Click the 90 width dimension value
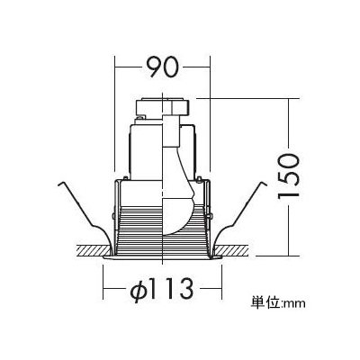click(x=163, y=67)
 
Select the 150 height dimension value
click(x=289, y=175)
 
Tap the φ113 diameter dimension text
click(x=161, y=289)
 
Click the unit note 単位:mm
click(x=278, y=302)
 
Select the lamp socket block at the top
click(x=163, y=107)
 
